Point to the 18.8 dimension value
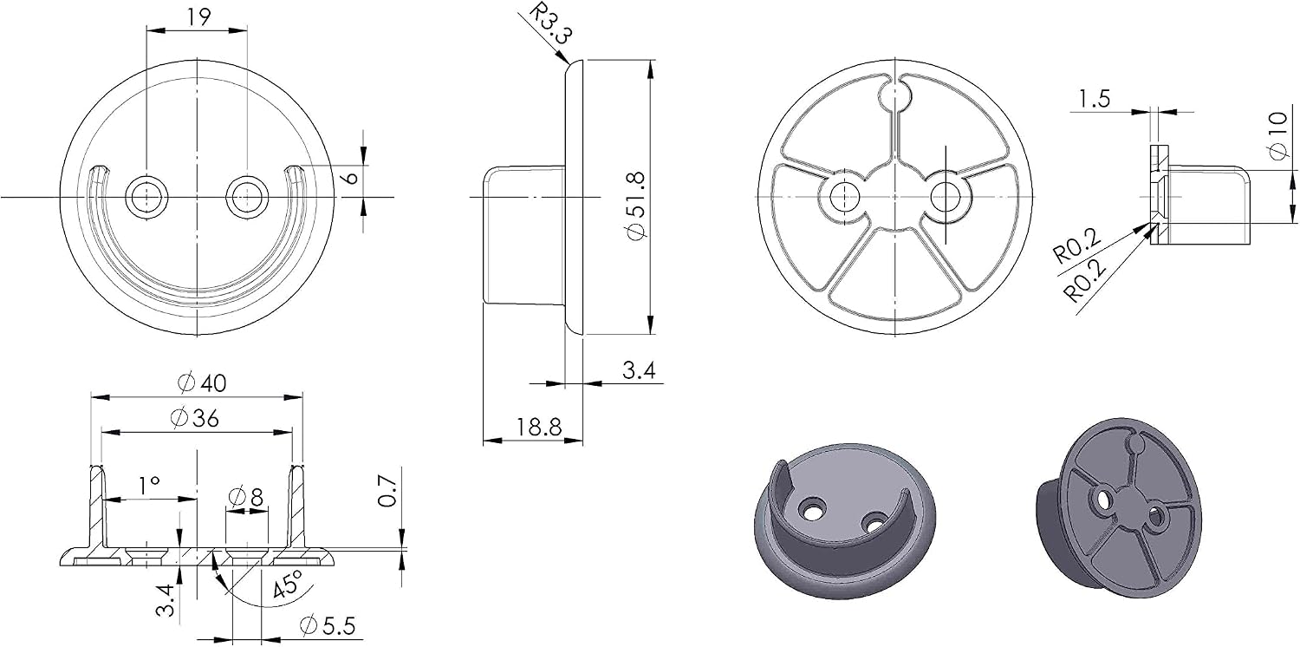click(x=539, y=428)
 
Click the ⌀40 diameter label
click(x=202, y=383)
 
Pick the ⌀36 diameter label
click(x=195, y=418)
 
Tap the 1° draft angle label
click(x=148, y=485)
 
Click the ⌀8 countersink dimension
click(x=246, y=497)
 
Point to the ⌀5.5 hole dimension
click(x=328, y=625)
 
